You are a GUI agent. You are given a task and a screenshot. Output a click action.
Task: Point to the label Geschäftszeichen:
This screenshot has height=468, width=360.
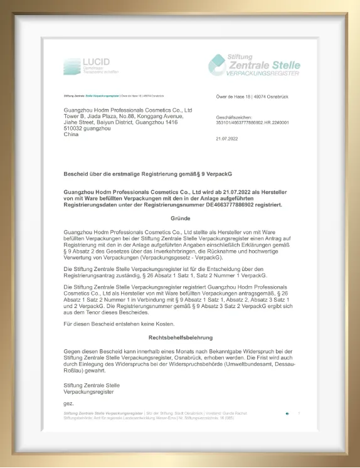coord(234,117)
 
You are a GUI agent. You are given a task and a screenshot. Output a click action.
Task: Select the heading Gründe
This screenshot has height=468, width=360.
coord(180,218)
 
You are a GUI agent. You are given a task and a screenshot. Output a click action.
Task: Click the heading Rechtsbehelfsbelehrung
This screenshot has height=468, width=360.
coord(180,338)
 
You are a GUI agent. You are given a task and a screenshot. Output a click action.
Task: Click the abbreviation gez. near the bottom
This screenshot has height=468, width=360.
coord(69,402)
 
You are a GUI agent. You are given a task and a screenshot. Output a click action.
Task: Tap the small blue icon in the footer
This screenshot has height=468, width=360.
coord(287,413)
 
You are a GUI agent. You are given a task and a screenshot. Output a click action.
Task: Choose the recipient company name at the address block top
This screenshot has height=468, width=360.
coord(127,109)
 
